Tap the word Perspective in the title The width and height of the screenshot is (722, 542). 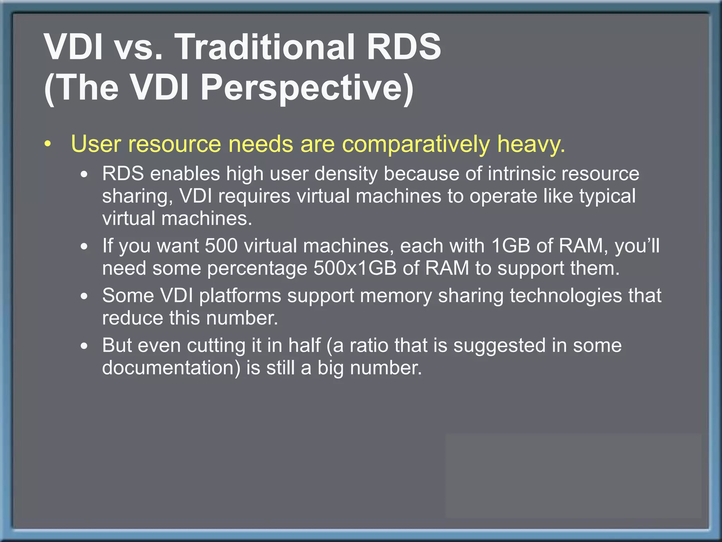click(307, 88)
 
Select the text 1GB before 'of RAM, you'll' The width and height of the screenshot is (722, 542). click(510, 246)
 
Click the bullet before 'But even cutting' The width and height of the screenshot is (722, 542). click(84, 347)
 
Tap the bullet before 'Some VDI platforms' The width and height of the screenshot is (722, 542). click(84, 297)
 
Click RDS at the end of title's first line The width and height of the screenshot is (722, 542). click(404, 47)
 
